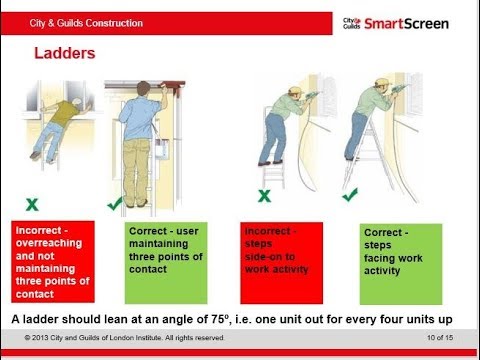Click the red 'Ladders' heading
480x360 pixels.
coord(65,53)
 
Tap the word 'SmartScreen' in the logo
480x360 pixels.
coord(406,24)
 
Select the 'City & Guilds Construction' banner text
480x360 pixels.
coord(86,23)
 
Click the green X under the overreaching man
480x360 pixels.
coord(32,204)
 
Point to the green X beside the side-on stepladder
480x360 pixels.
coord(264,196)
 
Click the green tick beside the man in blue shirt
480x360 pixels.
coord(115,204)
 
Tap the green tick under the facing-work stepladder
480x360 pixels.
coord(350,195)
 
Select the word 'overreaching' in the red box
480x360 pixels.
coord(49,243)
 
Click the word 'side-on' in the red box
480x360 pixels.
coord(270,257)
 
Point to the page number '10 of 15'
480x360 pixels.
coord(440,338)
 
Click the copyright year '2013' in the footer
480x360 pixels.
coord(41,338)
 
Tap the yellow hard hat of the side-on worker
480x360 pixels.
coord(295,90)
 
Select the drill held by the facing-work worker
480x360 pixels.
coord(400,88)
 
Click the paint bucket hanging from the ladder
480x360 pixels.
coord(162,148)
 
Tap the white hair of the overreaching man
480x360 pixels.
coord(78,100)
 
